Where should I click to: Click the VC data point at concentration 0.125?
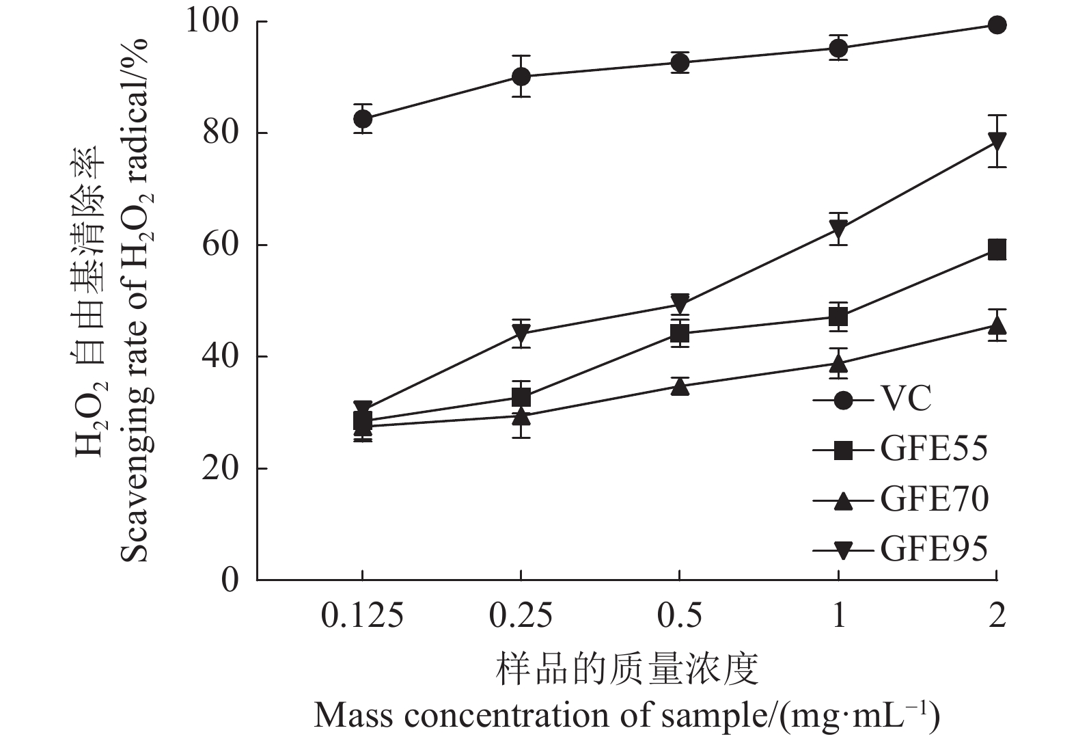pyautogui.click(x=363, y=118)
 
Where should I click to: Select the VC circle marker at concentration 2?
pyautogui.click(x=997, y=25)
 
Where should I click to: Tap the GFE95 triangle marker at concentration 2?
pyautogui.click(x=997, y=142)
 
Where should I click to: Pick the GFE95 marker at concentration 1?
pyautogui.click(x=839, y=228)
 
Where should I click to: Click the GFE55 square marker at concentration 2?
pyautogui.click(x=997, y=250)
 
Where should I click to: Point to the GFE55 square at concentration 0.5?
pyautogui.click(x=680, y=334)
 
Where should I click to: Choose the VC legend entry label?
pyautogui.click(x=906, y=399)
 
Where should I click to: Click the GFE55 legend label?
pyautogui.click(x=934, y=449)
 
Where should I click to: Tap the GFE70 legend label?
pyautogui.click(x=934, y=500)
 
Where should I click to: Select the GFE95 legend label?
pyautogui.click(x=934, y=549)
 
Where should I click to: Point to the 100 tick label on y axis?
pyautogui.click(x=212, y=22)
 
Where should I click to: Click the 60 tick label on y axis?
pyautogui.click(x=221, y=245)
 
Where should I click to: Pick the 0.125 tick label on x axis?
pyautogui.click(x=363, y=616)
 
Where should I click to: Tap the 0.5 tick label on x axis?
pyautogui.click(x=680, y=616)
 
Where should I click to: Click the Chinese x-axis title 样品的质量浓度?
pyautogui.click(x=627, y=669)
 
